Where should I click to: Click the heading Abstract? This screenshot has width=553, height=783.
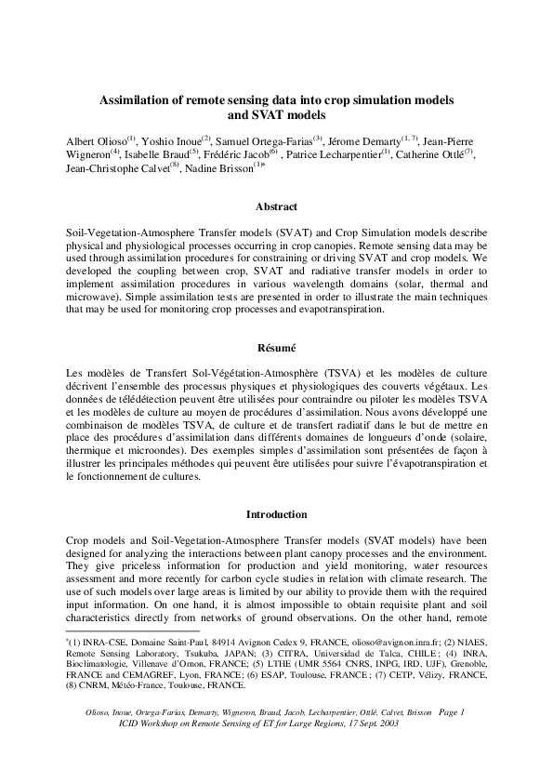(x=276, y=206)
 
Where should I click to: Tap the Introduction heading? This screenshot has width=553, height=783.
(x=276, y=514)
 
